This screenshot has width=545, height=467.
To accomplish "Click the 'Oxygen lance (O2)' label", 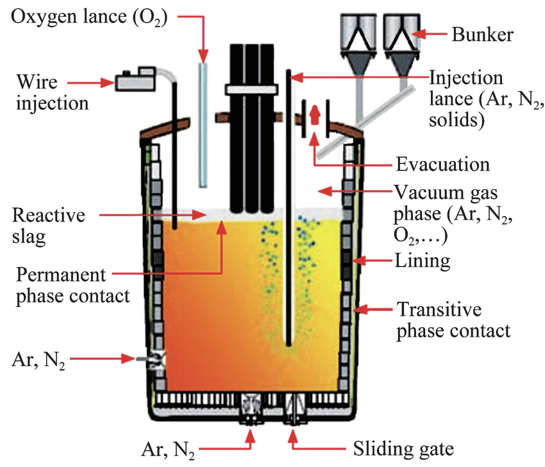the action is pos(89,17).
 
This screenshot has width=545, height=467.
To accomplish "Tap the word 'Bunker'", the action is pos(482,35).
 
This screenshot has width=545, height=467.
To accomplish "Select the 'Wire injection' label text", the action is pos(52,92).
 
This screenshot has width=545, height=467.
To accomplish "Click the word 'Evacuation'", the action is pos(443,164).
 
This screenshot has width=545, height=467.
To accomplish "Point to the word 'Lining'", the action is pos(423,260).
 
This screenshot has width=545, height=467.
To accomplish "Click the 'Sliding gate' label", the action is pos(403,449).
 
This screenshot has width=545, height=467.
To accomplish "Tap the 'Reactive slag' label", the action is pos(48,226).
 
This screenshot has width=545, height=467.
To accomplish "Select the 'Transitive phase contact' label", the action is pos(453,320).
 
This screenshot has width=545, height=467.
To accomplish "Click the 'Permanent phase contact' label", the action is pos(72,285).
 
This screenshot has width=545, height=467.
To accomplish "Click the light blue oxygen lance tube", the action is pos(203,125).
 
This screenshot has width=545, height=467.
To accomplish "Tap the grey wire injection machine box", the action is pos(135,80).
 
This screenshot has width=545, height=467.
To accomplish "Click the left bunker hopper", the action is pos(358,44).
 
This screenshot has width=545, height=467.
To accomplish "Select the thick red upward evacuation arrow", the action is pos(315,114).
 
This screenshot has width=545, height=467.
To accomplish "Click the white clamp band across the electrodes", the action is pos(251,89).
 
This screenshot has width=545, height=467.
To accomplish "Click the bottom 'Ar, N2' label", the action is pos(168,450).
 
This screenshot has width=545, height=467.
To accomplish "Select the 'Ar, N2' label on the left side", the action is pos(38,361).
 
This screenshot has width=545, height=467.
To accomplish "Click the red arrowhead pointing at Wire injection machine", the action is pos(108,83).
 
